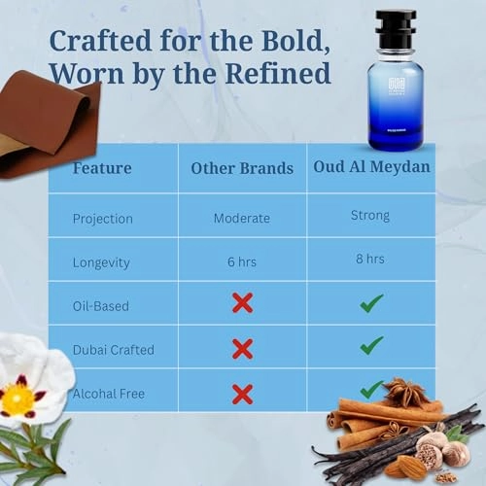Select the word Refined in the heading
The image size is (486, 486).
tap(283, 74)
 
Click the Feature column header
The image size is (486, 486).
tap(102, 168)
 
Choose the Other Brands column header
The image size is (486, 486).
tap(242, 168)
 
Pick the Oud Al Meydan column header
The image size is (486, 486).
tap(370, 166)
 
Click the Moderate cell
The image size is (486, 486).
tap(242, 218)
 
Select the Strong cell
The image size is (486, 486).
tap(370, 217)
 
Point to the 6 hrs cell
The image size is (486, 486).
tap(242, 261)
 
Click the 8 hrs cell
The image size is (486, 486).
tap(370, 260)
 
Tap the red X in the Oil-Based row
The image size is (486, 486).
tap(242, 303)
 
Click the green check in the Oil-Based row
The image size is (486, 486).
tap(371, 303)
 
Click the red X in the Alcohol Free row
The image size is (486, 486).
tap(242, 394)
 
